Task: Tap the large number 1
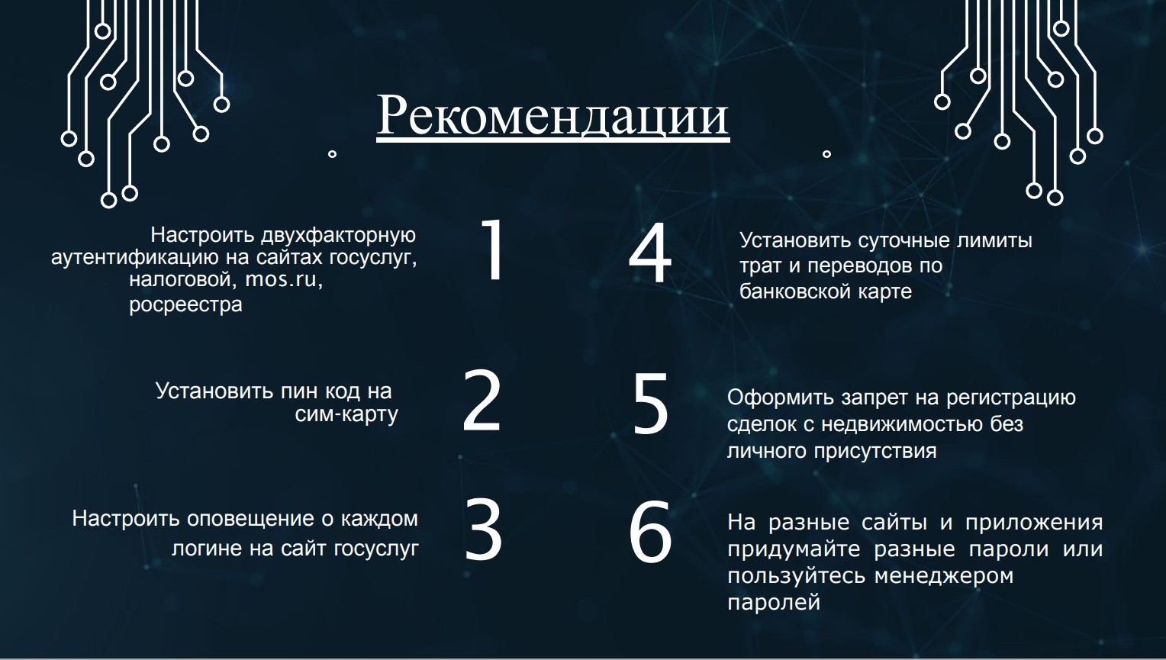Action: point(493,250)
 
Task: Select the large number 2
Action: point(482,401)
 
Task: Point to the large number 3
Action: point(483,530)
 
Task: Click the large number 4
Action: point(650,253)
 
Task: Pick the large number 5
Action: point(650,404)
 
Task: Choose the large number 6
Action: point(651,532)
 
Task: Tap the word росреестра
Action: point(186,305)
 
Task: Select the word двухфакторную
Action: point(338,236)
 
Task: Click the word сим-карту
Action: point(346,414)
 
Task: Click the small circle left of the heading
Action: point(332,154)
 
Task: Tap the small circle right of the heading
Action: point(826,154)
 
